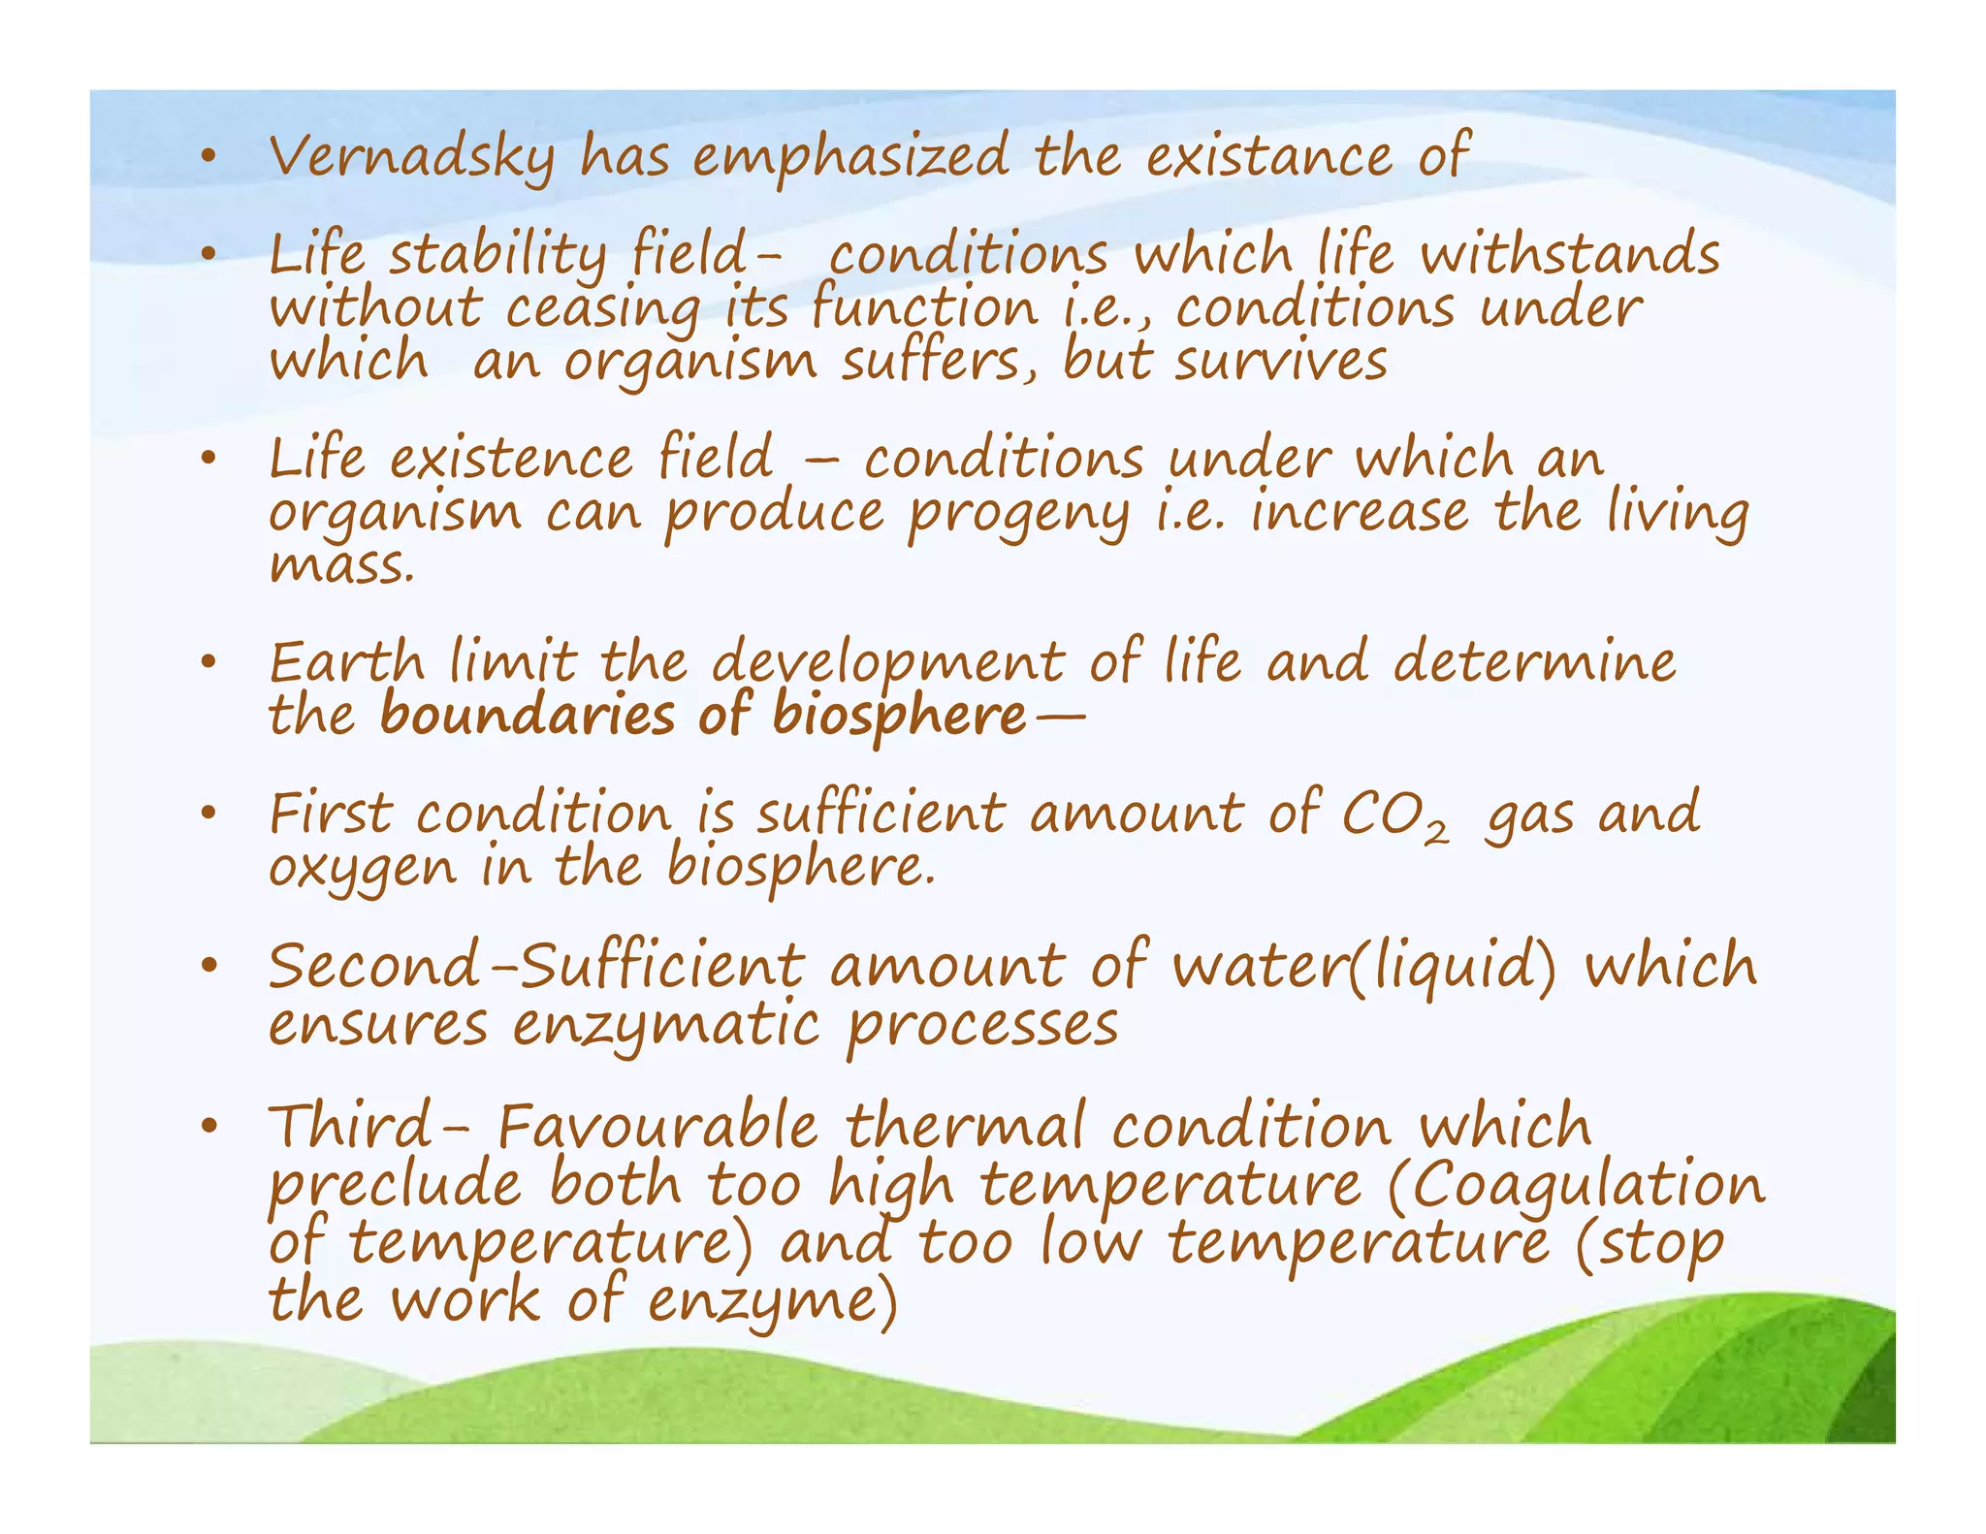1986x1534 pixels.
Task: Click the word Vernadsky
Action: click(412, 157)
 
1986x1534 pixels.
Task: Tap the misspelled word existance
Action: click(1269, 157)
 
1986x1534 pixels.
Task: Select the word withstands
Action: click(1570, 255)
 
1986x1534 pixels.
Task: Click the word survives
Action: click(1281, 362)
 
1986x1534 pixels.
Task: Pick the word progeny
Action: click(1018, 515)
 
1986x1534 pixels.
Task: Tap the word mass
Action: click(341, 565)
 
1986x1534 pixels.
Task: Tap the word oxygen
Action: click(362, 869)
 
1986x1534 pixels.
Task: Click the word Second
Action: click(373, 967)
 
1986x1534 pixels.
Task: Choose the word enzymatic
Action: click(665, 1026)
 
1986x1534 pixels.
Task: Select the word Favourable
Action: click(658, 1128)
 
